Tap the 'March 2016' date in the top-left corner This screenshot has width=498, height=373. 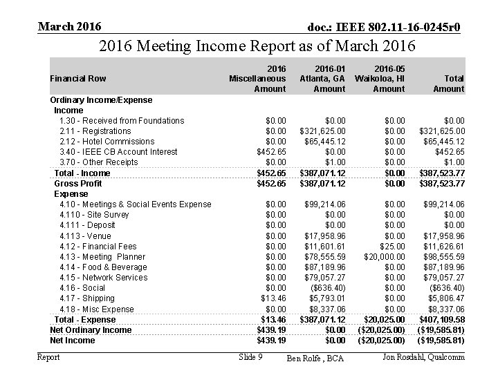tap(70, 26)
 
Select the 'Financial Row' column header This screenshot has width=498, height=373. tap(78, 79)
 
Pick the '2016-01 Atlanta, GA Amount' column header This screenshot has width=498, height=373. tap(322, 79)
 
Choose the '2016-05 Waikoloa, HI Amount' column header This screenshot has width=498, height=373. tap(380, 79)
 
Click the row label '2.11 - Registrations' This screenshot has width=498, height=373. tap(95, 131)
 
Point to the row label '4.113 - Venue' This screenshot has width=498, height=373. tap(85, 236)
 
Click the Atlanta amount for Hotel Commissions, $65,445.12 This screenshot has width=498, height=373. tap(322, 142)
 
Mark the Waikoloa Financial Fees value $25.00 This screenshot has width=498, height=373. tap(392, 247)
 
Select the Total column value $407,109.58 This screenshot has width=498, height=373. tap(442, 320)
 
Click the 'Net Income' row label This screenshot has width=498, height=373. tap(72, 341)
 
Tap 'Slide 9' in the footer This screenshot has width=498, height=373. tap(250, 356)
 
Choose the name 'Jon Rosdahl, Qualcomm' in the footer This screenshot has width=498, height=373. tap(423, 356)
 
